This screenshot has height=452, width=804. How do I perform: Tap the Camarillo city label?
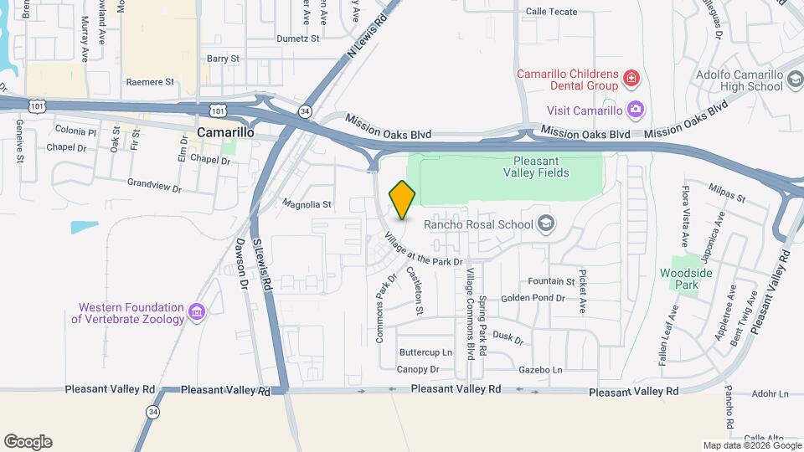(x=225, y=132)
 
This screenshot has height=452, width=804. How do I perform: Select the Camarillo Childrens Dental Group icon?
(x=631, y=80)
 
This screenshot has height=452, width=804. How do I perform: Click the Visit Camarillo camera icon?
(x=636, y=110)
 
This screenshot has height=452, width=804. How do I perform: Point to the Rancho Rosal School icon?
(x=546, y=223)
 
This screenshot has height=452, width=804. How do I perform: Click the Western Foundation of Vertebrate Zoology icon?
(x=198, y=312)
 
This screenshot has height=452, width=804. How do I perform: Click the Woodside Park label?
(x=685, y=279)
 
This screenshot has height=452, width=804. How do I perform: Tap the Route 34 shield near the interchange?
(x=305, y=110)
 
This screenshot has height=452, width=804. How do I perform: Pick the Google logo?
(x=28, y=442)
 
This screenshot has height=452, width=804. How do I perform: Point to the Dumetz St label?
(x=298, y=39)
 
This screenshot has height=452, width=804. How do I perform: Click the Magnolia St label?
(x=307, y=203)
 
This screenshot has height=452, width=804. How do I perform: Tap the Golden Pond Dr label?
(x=533, y=298)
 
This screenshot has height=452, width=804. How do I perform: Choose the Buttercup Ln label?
(x=425, y=352)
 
